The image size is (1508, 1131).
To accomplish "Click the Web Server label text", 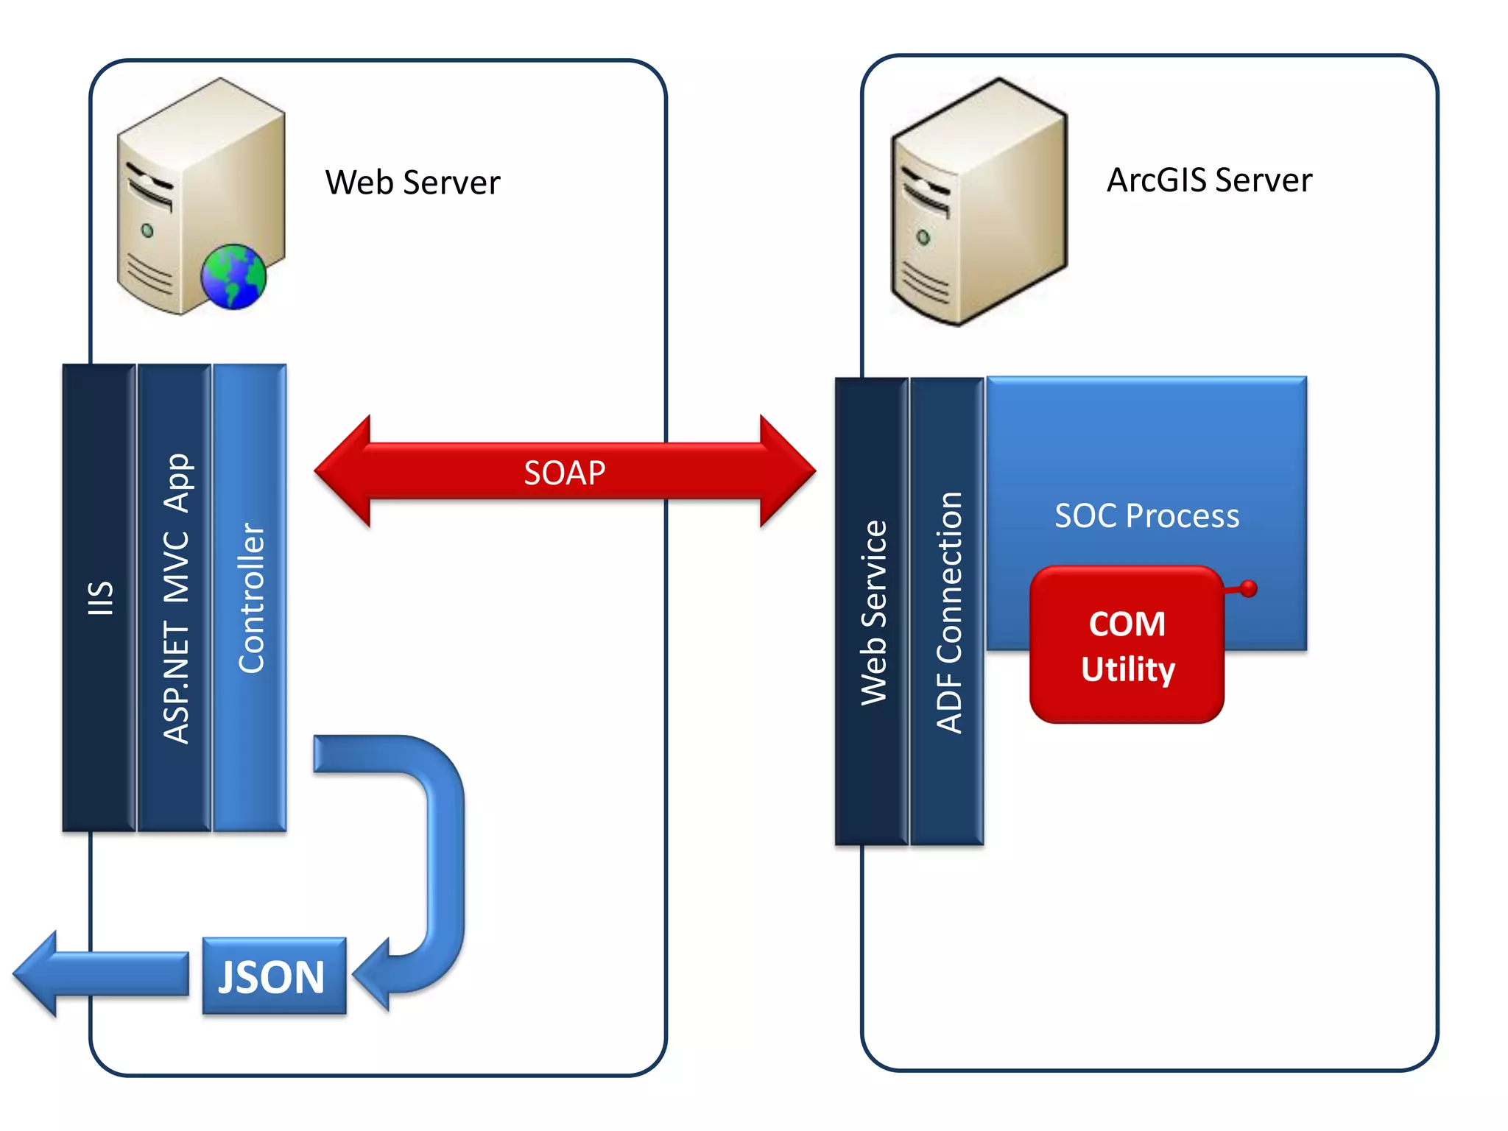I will tap(412, 183).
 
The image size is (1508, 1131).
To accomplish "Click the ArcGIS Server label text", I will tap(1209, 180).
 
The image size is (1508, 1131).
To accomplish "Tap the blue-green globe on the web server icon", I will tap(233, 277).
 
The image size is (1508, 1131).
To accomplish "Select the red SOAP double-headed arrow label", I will tap(564, 473).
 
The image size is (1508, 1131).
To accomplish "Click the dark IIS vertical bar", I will tap(99, 597).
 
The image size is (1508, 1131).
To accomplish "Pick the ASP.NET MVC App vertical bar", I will tap(175, 597).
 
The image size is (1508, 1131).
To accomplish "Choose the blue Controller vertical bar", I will tap(250, 597).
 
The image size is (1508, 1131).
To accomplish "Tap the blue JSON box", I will tap(273, 976).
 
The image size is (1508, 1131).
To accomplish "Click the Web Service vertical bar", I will tap(873, 611).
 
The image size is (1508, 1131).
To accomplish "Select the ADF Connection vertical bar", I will tap(948, 611).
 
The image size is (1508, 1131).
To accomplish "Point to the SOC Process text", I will tap(1146, 515).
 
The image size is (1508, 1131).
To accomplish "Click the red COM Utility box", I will tap(1127, 645).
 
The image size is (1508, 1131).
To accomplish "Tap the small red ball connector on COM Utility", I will tap(1248, 588).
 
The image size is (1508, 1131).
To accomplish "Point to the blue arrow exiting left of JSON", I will tap(96, 974).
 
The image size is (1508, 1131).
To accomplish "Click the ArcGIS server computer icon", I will tap(979, 202).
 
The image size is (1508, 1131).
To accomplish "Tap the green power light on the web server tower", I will tap(147, 230).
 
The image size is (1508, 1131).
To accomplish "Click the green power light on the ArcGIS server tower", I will tap(923, 237).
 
